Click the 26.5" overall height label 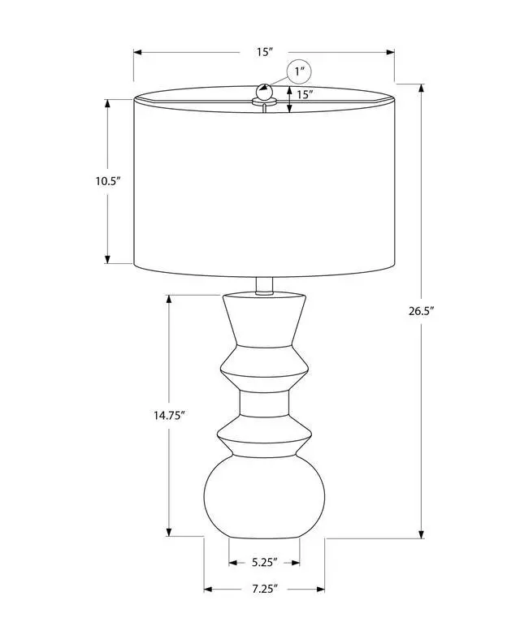(x=421, y=311)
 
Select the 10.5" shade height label (x=108, y=181)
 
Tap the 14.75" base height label (x=169, y=415)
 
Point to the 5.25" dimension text (x=264, y=562)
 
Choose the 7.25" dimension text (x=265, y=589)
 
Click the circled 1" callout (x=299, y=72)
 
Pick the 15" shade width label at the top (x=265, y=52)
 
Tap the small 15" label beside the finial (x=305, y=94)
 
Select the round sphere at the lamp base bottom (x=264, y=497)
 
